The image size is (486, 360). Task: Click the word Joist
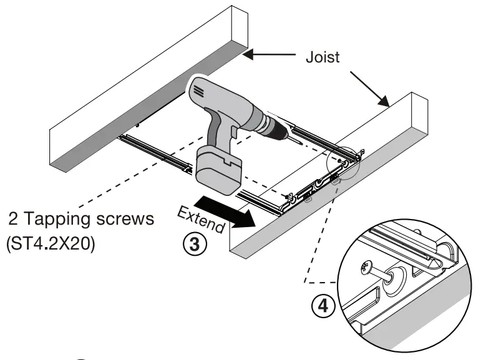point(323,57)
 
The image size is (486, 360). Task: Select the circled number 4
point(322,306)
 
